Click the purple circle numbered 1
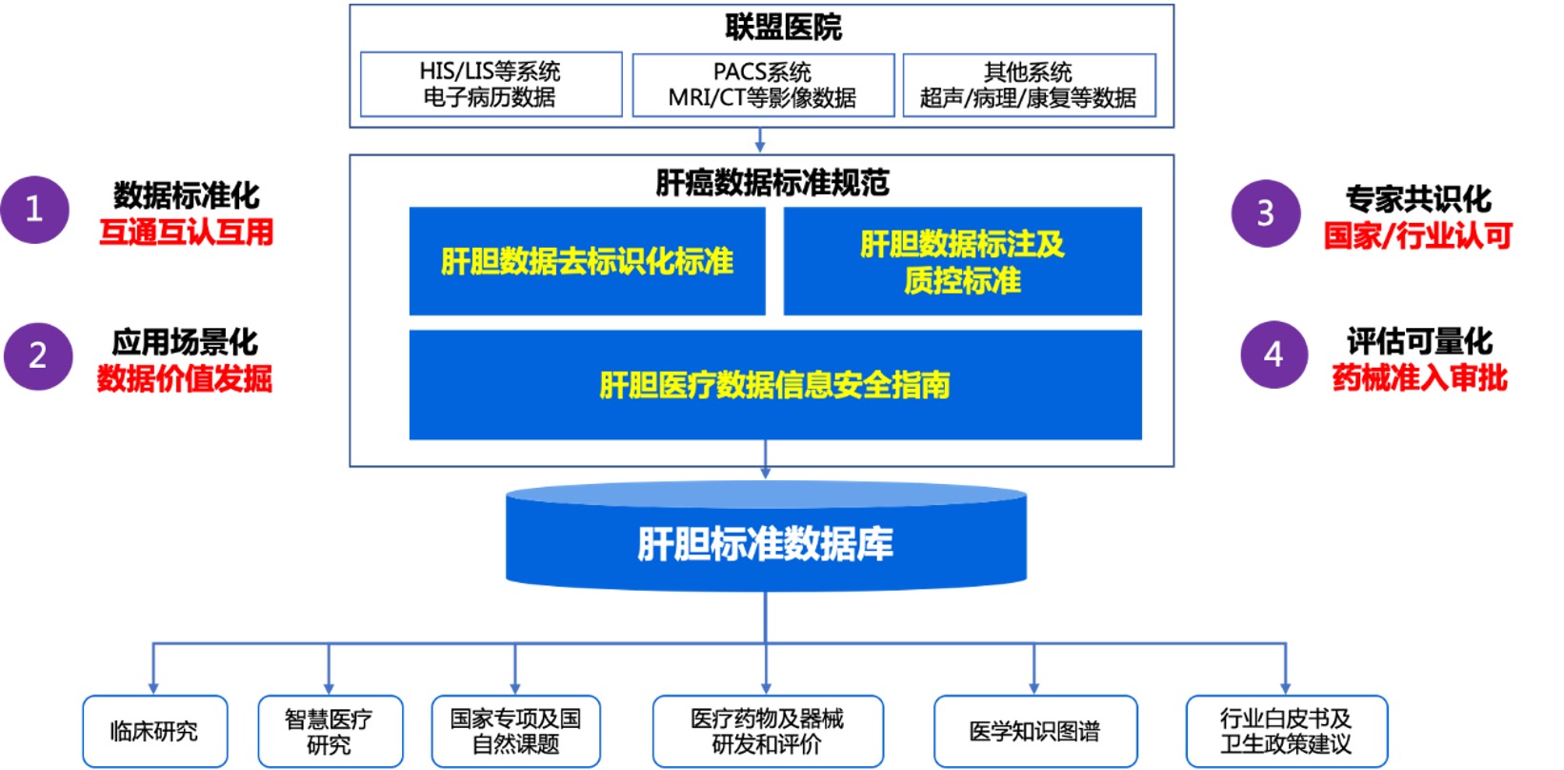(x=35, y=210)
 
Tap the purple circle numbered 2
(x=38, y=355)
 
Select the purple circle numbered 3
(x=1266, y=213)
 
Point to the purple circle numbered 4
(x=1274, y=355)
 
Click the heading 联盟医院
(x=783, y=28)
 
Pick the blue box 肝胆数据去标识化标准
(x=587, y=260)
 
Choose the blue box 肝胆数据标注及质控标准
(x=962, y=260)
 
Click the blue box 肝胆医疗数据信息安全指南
(x=775, y=384)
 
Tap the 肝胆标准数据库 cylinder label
(x=765, y=543)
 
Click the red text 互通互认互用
(x=186, y=232)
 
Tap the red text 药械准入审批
(x=1419, y=377)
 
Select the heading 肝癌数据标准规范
(x=772, y=182)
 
